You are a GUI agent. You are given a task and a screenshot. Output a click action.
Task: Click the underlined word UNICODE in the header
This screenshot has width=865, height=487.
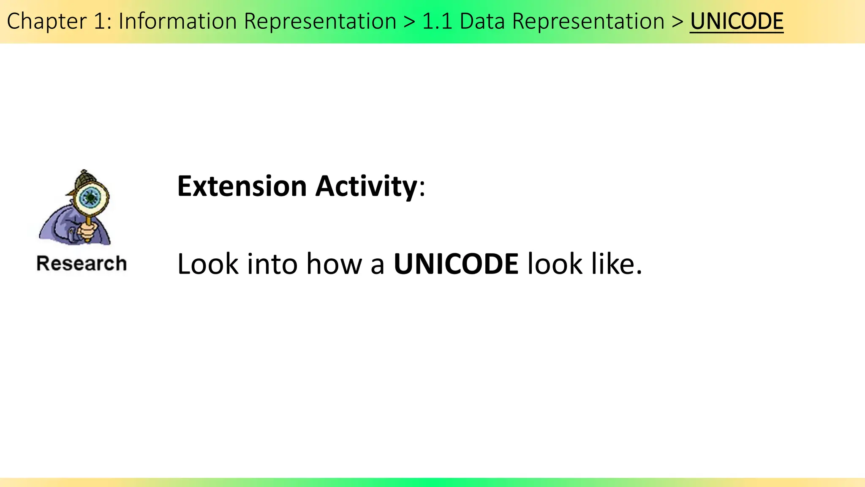click(x=737, y=21)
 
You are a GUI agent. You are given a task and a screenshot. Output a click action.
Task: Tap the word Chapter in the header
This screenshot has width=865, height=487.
click(x=46, y=21)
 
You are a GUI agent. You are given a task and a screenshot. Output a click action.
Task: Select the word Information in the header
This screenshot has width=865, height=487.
click(x=177, y=21)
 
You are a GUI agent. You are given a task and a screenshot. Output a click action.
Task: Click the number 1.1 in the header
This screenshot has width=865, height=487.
click(x=437, y=21)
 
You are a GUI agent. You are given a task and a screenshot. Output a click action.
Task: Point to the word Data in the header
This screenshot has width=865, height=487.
click(x=482, y=21)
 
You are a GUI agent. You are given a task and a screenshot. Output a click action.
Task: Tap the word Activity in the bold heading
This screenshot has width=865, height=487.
click(x=366, y=186)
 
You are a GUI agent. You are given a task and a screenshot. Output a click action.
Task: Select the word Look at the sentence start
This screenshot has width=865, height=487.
click(x=208, y=264)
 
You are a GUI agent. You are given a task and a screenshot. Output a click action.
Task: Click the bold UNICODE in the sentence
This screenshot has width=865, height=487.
click(x=456, y=264)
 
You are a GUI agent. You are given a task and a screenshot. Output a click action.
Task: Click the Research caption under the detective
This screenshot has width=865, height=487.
click(x=82, y=263)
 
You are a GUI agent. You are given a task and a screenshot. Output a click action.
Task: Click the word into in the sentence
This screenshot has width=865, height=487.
click(x=272, y=264)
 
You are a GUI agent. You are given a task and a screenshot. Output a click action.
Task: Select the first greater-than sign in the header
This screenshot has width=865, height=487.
click(x=409, y=21)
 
